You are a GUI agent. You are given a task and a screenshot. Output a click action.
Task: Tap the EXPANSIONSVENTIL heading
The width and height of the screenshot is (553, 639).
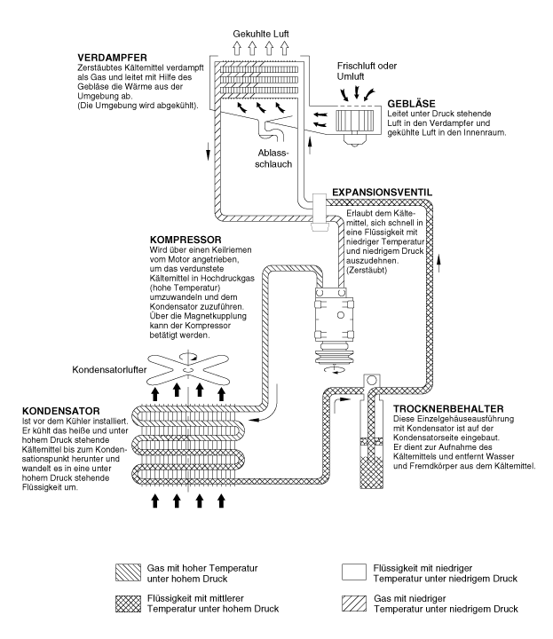point(380,192)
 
